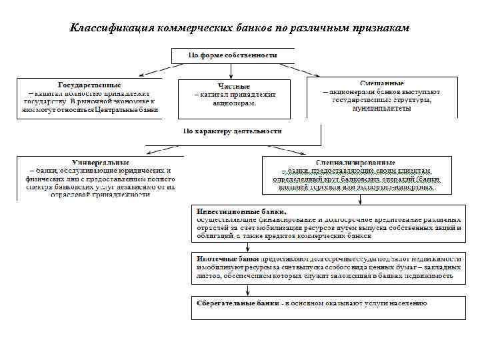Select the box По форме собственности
coord(233,55)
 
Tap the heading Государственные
coord(89,86)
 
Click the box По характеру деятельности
coord(233,131)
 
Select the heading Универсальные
coord(99,163)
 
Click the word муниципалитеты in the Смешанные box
coord(382,108)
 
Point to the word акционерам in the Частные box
coord(234,104)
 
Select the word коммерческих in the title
coord(198,29)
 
